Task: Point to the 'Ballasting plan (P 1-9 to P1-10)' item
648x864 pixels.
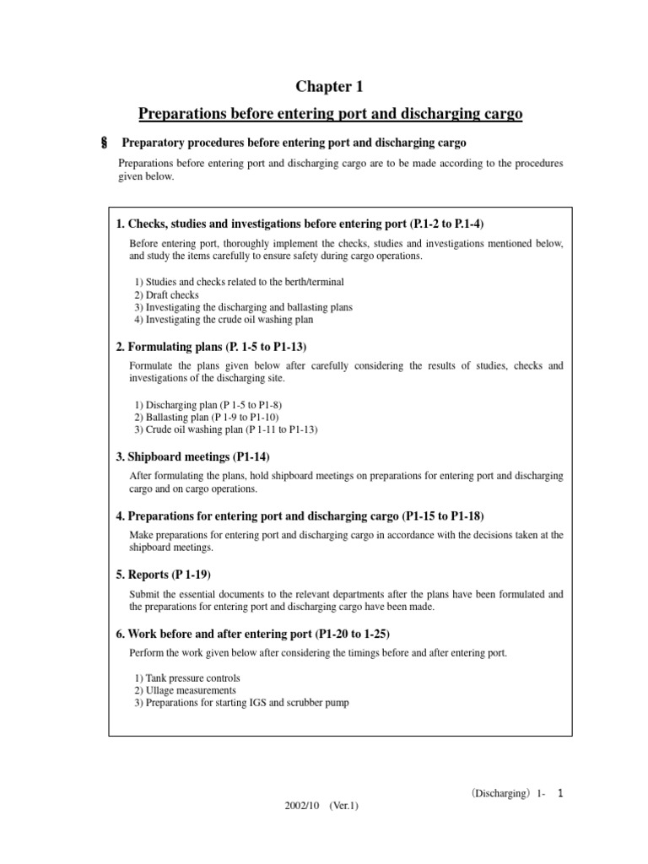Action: pos(206,418)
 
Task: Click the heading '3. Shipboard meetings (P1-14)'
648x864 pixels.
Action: pos(192,456)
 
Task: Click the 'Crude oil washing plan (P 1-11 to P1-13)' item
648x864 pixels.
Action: pos(225,429)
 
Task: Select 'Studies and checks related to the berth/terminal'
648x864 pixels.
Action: pos(239,283)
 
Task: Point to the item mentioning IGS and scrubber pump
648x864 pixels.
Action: pos(241,702)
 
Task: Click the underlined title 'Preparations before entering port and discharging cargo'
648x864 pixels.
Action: pos(330,113)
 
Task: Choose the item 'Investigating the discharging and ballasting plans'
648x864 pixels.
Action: pos(243,307)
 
